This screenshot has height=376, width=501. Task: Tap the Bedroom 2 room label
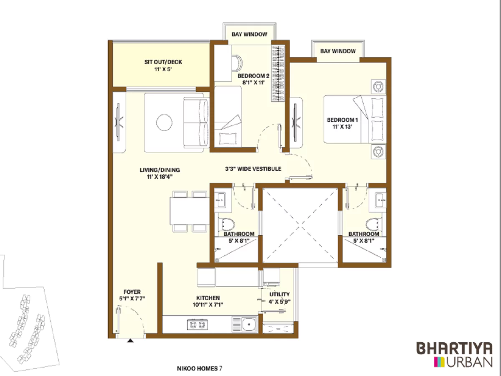[x=253, y=79]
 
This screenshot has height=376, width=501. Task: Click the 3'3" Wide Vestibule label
[x=253, y=169]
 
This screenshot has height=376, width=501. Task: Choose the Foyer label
[x=132, y=295]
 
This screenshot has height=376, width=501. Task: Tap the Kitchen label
[x=208, y=301]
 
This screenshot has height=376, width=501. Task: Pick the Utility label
[x=279, y=297]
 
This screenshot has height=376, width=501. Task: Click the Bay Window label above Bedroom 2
[x=249, y=34]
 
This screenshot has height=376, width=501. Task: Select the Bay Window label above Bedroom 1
[x=338, y=51]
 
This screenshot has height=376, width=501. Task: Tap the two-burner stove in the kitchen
[x=197, y=324]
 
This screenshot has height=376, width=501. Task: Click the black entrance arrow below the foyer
[x=131, y=341]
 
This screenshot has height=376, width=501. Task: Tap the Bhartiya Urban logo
[x=454, y=354]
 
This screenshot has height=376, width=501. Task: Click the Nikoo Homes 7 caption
[x=200, y=368]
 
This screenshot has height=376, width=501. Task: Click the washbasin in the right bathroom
[x=380, y=200]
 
